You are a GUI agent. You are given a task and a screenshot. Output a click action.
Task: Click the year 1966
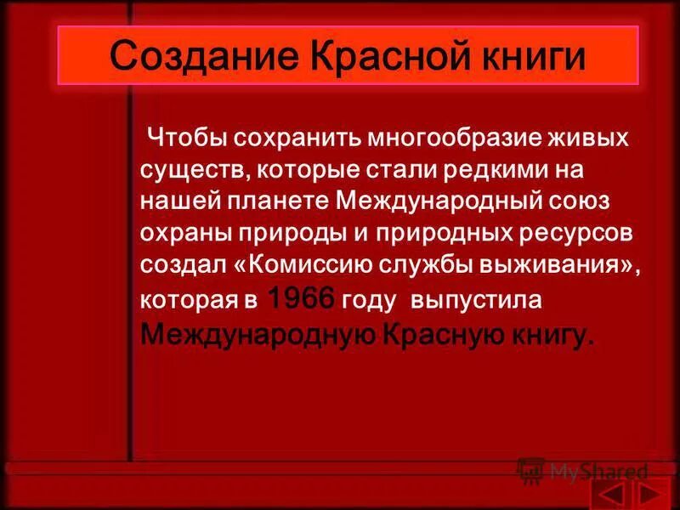302,300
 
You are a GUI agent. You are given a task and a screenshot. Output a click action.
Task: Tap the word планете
282,201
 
